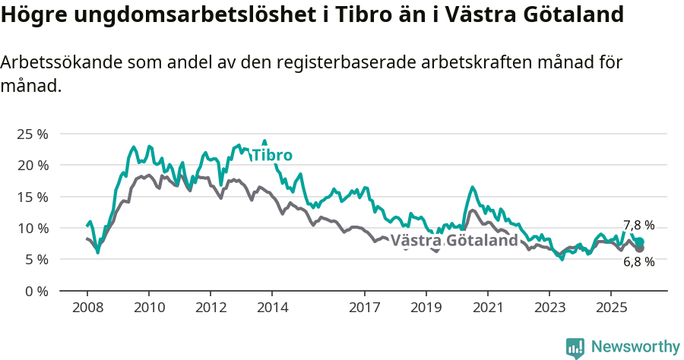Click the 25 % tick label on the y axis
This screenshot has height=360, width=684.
(x=32, y=134)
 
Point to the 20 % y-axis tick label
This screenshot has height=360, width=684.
(x=32, y=165)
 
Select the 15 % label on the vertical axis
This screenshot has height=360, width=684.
(x=32, y=197)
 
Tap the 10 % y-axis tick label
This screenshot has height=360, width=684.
(x=32, y=228)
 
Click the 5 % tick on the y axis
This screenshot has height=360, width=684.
(x=36, y=259)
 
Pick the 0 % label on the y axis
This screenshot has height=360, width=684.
(x=36, y=291)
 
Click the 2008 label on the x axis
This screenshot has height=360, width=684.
(x=87, y=308)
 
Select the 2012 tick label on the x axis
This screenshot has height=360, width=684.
(x=211, y=308)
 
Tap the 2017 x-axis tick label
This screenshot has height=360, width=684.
(x=365, y=308)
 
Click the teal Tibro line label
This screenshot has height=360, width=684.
(x=272, y=156)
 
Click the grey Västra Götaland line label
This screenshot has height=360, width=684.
(x=459, y=241)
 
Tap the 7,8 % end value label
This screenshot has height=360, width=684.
(x=638, y=226)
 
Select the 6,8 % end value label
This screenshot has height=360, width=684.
(x=638, y=262)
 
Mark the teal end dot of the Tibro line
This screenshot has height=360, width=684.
(x=640, y=242)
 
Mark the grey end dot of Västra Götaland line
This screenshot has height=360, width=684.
(x=640, y=248)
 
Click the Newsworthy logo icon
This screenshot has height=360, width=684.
(x=575, y=348)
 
